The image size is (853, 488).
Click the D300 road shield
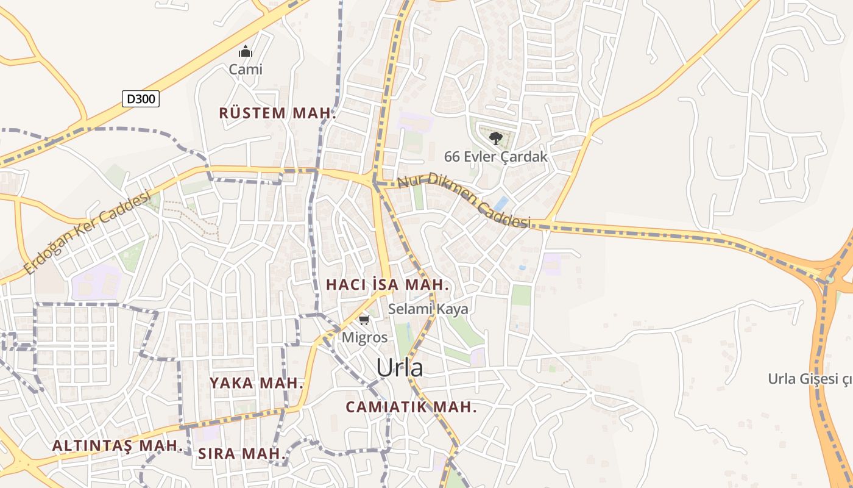pyautogui.click(x=141, y=98)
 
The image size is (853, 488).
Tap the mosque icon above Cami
pyautogui.click(x=246, y=51)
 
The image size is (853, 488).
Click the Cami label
pyautogui.click(x=246, y=70)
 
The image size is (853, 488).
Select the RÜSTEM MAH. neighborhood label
pyautogui.click(x=278, y=113)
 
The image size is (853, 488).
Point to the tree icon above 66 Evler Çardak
pyautogui.click(x=496, y=138)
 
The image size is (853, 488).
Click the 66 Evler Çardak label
pyautogui.click(x=495, y=157)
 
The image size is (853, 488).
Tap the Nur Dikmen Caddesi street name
pyautogui.click(x=464, y=201)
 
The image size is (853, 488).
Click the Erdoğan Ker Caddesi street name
pyautogui.click(x=87, y=232)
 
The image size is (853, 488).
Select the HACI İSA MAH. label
pyautogui.click(x=388, y=285)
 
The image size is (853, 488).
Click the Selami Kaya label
pyautogui.click(x=428, y=309)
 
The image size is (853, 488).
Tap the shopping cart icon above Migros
pyautogui.click(x=364, y=320)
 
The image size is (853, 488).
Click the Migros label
pyautogui.click(x=364, y=337)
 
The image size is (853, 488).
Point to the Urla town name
pyautogui.click(x=399, y=368)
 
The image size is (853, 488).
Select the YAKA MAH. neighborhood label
pyautogui.click(x=257, y=383)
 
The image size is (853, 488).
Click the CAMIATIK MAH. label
pyautogui.click(x=411, y=407)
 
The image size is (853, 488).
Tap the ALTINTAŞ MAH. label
pyautogui.click(x=117, y=446)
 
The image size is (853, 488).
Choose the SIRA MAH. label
pyautogui.click(x=242, y=454)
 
